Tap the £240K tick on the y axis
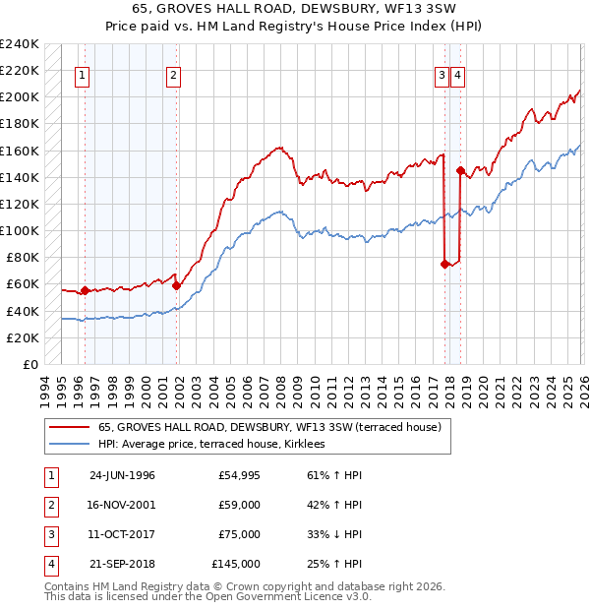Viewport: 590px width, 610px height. point(20,44)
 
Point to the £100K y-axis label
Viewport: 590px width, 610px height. point(20,231)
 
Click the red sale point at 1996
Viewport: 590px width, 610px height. point(85,290)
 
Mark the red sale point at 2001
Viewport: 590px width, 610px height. point(177,285)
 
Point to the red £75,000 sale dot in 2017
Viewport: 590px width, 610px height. point(445,264)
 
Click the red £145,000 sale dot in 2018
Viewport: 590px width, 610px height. point(461,170)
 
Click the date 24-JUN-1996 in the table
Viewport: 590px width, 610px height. point(122,475)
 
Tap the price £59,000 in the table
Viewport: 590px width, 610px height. point(240,505)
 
